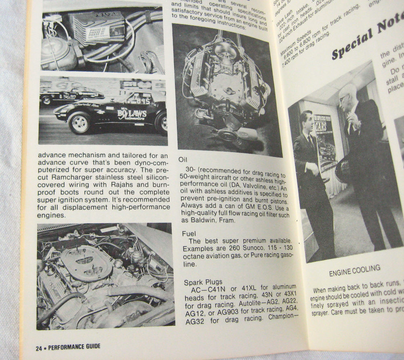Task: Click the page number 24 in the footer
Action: point(39,347)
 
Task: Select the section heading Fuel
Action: point(189,233)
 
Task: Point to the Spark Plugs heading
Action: point(202,282)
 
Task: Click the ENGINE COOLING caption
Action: point(354,269)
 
